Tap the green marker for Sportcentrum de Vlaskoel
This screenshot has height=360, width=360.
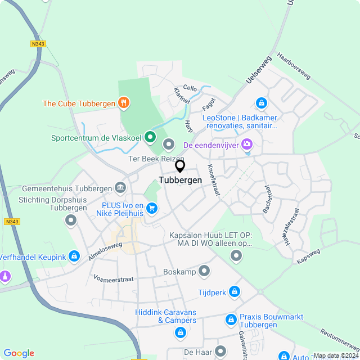click(150, 137)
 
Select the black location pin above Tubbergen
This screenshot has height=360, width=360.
click(180, 166)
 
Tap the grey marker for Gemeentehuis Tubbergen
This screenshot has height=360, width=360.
click(120, 187)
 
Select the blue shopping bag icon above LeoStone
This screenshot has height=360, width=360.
click(261, 103)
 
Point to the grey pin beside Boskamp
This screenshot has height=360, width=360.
click(205, 272)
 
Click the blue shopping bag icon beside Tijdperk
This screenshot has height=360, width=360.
click(235, 292)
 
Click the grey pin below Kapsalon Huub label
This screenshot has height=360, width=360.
click(236, 256)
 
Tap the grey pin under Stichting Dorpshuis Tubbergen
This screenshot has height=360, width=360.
click(71, 220)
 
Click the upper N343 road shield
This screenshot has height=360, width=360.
click(38, 43)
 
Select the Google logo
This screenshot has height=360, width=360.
click(19, 353)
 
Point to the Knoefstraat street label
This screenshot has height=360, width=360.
click(213, 179)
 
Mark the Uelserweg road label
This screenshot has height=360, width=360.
click(259, 70)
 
